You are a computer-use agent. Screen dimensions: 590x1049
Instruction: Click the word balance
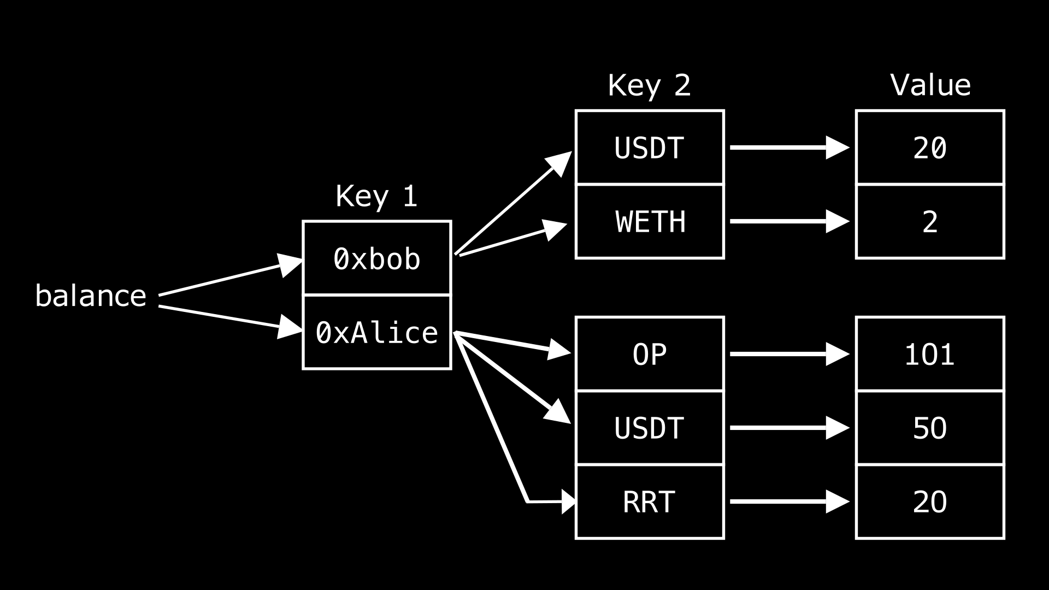[91, 296]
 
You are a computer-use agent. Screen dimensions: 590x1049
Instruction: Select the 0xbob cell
[376, 258]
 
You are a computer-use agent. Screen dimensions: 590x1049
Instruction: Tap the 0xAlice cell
[376, 332]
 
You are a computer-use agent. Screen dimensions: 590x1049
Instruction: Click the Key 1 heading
[376, 196]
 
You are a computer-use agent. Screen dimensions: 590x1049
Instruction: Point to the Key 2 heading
[649, 86]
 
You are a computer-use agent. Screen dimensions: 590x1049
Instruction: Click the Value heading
[930, 86]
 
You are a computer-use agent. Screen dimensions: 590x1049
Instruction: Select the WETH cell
[650, 222]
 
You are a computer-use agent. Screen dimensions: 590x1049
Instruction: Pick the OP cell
[650, 354]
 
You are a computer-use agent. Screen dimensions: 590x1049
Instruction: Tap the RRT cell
[650, 501]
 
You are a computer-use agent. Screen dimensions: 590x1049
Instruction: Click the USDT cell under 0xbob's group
[650, 147]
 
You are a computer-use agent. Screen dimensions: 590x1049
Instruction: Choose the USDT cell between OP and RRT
[650, 428]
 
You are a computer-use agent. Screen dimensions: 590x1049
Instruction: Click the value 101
[929, 354]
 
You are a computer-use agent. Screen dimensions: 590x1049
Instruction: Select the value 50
[929, 428]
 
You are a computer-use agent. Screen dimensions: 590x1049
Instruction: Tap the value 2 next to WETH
[929, 222]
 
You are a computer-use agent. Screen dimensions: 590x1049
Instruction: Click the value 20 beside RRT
[929, 501]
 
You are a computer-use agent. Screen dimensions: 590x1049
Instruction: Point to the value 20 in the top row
[929, 147]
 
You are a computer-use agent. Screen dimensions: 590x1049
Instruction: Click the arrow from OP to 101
[787, 354]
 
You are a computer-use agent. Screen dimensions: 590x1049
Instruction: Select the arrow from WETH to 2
[787, 222]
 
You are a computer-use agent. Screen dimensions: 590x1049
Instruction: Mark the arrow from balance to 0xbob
[229, 278]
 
